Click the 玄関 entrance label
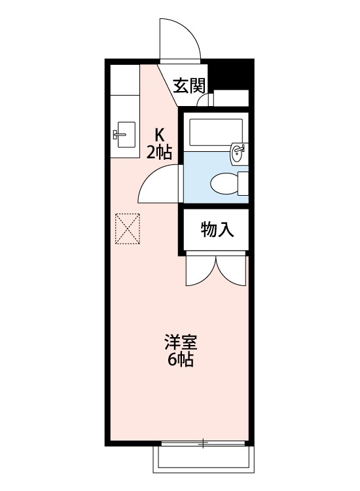[189, 86]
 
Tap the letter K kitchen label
[160, 136]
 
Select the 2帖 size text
[159, 152]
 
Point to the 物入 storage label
[217, 229]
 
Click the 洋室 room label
[181, 342]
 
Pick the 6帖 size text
[180, 359]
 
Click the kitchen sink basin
[126, 134]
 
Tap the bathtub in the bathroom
[216, 132]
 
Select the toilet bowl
[224, 183]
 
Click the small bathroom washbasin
[237, 153]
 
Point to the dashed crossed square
[128, 228]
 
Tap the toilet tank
[243, 183]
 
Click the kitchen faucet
[119, 135]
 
